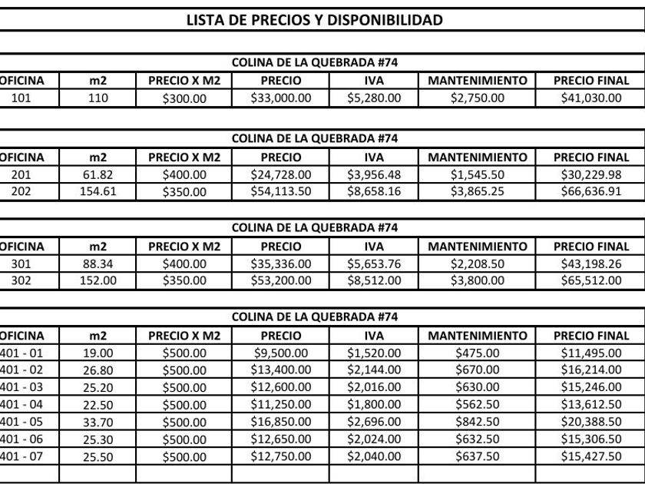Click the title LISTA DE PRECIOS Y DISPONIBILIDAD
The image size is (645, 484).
pos(315,20)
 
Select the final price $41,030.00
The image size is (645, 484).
pos(590,98)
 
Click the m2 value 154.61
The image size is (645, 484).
pos(98,191)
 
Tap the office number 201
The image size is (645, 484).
pos(21,174)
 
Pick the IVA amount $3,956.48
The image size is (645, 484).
pos(374,174)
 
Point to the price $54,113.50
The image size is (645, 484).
pos(281,191)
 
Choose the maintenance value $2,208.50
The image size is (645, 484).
pos(477,264)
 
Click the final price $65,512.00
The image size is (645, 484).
pos(590,280)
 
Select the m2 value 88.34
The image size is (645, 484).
pos(98,264)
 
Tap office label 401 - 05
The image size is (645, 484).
pos(21,420)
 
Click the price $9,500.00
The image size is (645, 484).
pos(281,353)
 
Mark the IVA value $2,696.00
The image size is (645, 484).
pos(374,420)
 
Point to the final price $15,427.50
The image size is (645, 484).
pos(590,455)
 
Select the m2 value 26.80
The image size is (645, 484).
pos(98,370)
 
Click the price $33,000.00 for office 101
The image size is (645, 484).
pos(281,98)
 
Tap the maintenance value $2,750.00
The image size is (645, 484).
pos(477,98)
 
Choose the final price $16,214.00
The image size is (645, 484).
pos(590,370)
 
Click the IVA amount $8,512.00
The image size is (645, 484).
pos(374,280)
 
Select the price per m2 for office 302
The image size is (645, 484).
pos(184,280)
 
